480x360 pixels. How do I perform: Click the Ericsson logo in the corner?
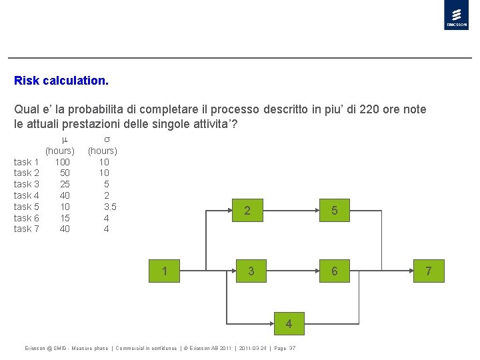(456, 15)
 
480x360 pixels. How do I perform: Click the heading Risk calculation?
(61, 81)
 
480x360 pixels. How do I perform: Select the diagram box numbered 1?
(164, 271)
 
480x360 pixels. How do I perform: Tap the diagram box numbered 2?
(247, 211)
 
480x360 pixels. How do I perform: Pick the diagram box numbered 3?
(251, 271)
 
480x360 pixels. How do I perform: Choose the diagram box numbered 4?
(289, 324)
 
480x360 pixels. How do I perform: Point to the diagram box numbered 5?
(335, 211)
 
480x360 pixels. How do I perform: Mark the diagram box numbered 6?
(335, 271)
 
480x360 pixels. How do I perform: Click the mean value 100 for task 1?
(63, 161)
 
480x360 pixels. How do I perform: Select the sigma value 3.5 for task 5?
(110, 207)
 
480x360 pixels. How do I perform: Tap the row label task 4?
(27, 195)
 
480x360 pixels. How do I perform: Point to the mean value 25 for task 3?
(65, 184)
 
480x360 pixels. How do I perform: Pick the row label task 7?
(27, 229)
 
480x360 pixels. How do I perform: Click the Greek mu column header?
(65, 139)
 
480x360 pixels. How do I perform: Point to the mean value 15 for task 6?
(65, 218)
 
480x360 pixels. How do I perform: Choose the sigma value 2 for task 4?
(107, 195)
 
